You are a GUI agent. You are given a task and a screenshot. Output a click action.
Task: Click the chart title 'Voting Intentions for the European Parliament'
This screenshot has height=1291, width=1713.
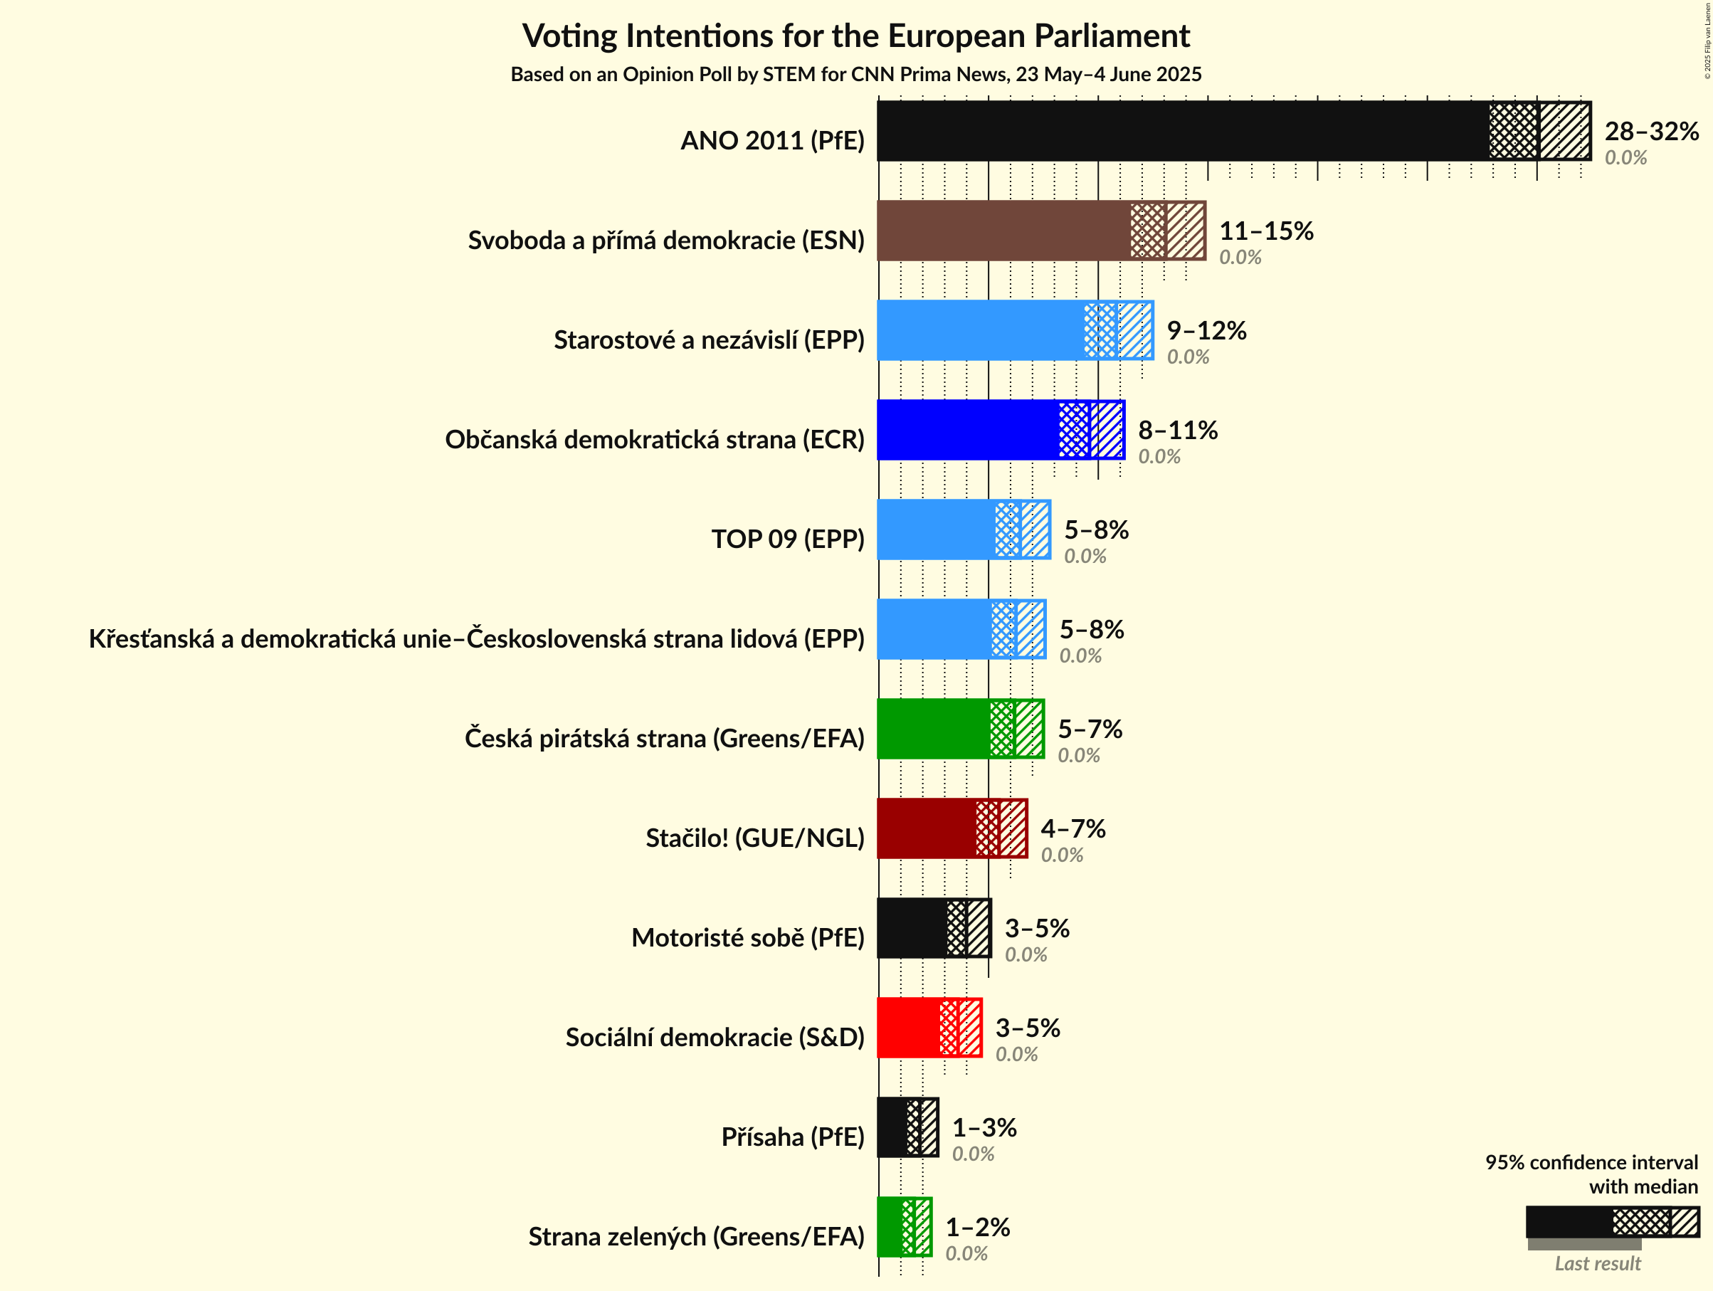[x=855, y=36]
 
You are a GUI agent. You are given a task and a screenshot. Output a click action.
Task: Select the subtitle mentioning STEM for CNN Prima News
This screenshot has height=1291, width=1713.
[x=855, y=74]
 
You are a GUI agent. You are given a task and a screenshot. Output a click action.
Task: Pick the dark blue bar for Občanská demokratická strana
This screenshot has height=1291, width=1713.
[x=968, y=430]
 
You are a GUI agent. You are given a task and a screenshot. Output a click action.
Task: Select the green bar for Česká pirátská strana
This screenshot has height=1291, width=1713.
[x=933, y=729]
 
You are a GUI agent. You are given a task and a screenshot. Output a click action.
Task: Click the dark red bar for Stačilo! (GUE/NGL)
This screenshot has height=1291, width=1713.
[x=926, y=828]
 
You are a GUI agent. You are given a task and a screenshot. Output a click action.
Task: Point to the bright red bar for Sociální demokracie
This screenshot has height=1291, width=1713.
[x=907, y=1028]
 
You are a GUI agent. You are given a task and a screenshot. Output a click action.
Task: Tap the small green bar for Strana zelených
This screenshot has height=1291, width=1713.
[x=889, y=1227]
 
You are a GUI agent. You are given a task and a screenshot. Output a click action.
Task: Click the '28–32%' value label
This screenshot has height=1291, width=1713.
[x=1651, y=131]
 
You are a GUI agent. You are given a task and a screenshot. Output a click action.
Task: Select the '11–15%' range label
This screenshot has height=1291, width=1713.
[x=1266, y=231]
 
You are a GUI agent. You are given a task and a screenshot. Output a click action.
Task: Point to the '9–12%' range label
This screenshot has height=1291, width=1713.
[x=1206, y=331]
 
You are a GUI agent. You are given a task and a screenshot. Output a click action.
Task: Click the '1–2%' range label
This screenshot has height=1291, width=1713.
[x=977, y=1227]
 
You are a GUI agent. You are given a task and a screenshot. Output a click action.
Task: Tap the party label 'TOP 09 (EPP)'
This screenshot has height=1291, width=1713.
[x=788, y=538]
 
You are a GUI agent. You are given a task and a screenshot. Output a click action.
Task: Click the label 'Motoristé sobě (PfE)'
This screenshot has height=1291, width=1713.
[x=747, y=937]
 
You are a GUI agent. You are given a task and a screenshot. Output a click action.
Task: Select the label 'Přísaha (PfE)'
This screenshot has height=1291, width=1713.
[x=792, y=1137]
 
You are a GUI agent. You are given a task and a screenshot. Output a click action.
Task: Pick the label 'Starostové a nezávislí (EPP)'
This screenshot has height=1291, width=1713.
[x=709, y=339]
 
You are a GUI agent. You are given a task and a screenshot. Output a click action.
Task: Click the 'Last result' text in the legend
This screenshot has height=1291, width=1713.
[x=1597, y=1263]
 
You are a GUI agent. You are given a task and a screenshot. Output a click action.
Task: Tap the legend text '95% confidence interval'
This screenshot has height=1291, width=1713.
[x=1591, y=1162]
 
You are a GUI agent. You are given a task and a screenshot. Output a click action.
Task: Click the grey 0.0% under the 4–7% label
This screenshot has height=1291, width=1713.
[x=1061, y=855]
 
